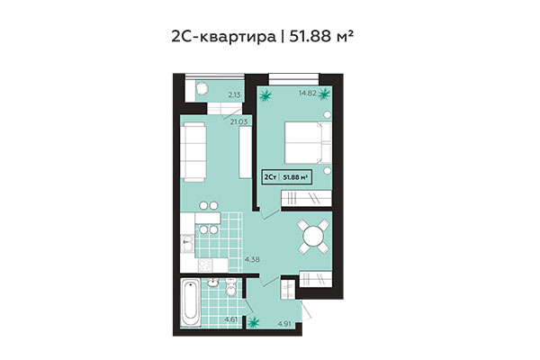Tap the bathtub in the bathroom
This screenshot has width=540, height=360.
pos(191,301)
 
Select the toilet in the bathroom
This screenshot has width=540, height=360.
pos(231,288)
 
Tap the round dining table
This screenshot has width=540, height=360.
pos(313,237)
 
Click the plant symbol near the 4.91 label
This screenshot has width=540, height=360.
pos(254,319)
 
